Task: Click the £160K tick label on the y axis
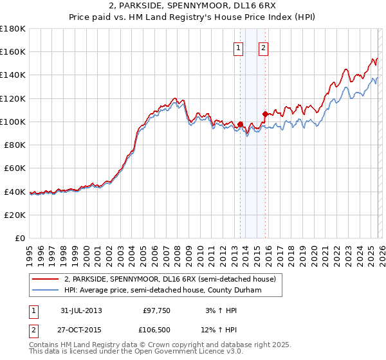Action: point(13,52)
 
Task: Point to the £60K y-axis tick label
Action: point(15,168)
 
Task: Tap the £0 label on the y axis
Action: point(20,239)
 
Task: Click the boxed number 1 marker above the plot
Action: point(239,48)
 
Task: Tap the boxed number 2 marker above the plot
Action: point(264,48)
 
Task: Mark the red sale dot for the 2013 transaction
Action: point(240,124)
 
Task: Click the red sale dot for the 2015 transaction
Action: point(265,114)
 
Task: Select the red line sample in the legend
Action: point(46,279)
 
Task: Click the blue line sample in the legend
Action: point(46,290)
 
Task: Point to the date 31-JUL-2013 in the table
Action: point(80,310)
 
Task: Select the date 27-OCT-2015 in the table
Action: point(81,329)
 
